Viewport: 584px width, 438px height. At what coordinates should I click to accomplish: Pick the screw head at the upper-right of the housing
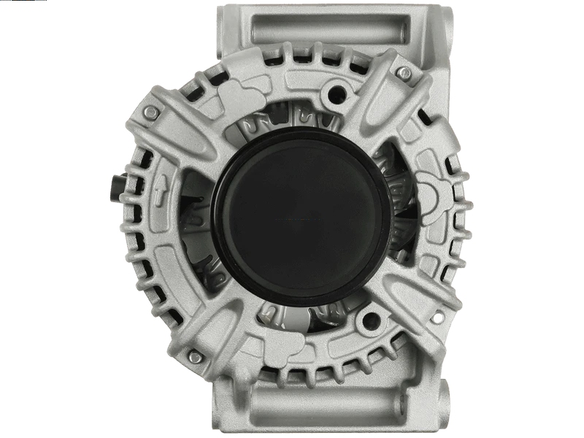[x=402, y=72]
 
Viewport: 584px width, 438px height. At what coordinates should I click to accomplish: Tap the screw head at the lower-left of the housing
[x=194, y=357]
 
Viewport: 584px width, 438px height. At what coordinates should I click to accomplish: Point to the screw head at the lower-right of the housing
[x=447, y=318]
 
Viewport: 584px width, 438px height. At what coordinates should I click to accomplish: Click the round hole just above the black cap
[x=337, y=93]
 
